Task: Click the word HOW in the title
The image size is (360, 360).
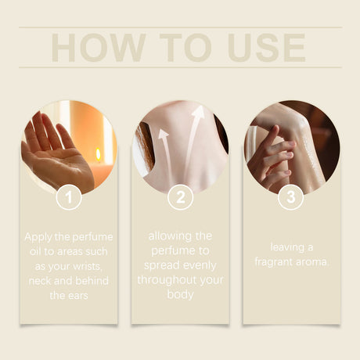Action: point(98,48)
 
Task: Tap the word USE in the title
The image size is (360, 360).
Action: point(266,48)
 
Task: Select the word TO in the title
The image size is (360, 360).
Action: point(185,48)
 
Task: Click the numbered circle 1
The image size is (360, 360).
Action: point(69,197)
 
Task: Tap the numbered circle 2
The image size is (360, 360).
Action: point(180,197)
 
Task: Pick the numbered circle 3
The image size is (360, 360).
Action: point(291,197)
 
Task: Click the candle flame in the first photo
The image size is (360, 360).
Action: point(98,154)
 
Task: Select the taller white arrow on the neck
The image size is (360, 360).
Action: point(193,139)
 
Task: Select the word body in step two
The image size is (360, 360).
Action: point(180,295)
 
